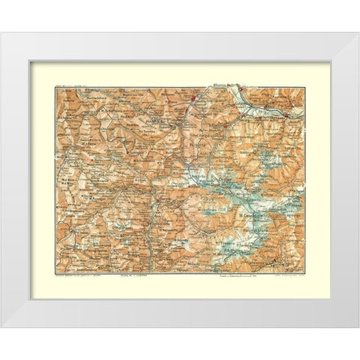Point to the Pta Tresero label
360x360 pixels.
[x=225, y=241]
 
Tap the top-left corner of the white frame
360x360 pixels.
[x=2, y=33]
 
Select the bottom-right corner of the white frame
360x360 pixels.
[x=357, y=327]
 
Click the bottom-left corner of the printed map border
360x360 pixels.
[x=53, y=272]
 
